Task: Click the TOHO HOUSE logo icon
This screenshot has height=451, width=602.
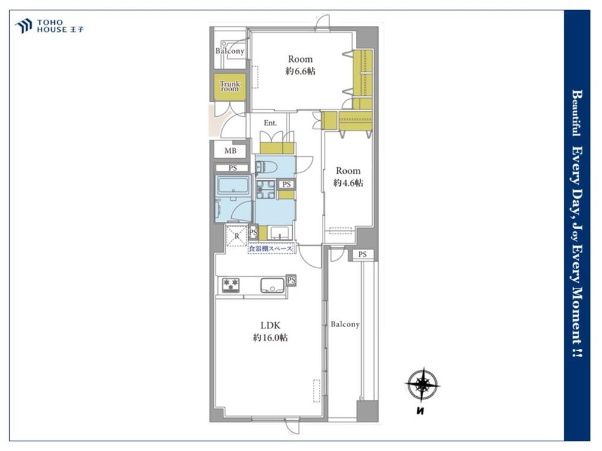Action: (x=23, y=26)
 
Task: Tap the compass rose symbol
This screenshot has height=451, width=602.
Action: (x=423, y=384)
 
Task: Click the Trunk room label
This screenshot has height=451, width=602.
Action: (x=229, y=86)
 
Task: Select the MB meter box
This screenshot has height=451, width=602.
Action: (x=231, y=151)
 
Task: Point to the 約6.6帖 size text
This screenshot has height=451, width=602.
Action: (x=300, y=72)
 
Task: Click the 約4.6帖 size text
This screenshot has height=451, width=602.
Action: (x=348, y=183)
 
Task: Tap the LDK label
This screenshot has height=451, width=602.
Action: (x=271, y=325)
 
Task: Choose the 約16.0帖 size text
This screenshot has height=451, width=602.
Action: (x=270, y=338)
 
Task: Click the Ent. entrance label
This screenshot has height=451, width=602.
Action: (x=270, y=123)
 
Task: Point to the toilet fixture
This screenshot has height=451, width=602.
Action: (x=264, y=167)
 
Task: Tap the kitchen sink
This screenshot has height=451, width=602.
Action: (x=273, y=285)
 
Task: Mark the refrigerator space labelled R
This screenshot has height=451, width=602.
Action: (x=237, y=236)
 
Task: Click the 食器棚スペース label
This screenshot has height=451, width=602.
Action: (x=271, y=248)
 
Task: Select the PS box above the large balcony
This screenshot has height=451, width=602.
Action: (x=363, y=254)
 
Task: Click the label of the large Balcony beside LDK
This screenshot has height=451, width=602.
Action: (x=345, y=325)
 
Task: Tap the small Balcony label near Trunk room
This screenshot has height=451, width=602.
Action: (x=229, y=51)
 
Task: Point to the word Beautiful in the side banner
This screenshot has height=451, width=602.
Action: (x=577, y=113)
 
